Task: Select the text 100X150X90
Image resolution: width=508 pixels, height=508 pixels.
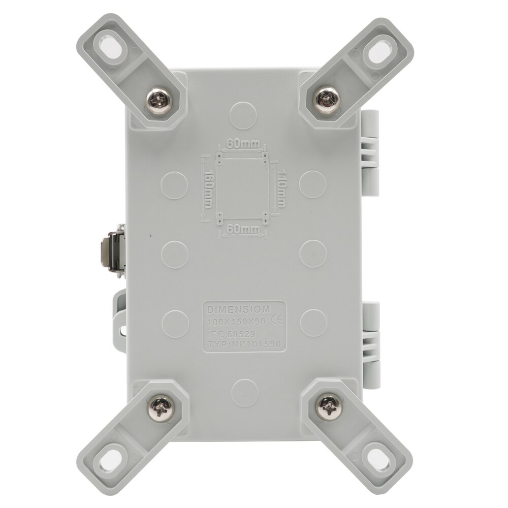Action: pos(237,322)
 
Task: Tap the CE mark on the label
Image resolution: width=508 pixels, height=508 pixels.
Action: pos(278,321)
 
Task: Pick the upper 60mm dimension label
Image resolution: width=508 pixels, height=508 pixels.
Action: pos(242,144)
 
